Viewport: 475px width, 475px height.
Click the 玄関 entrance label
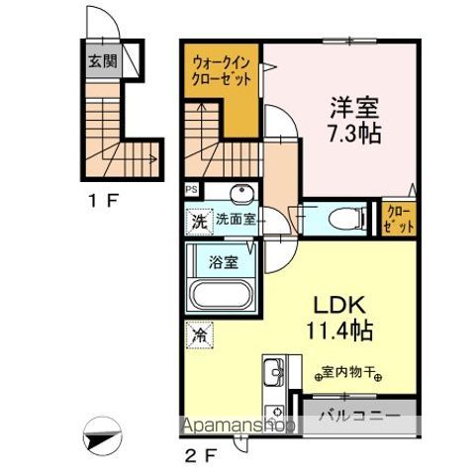pos(100,62)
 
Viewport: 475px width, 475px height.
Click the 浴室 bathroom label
pos(223,262)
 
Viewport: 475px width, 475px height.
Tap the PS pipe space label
pos(190,188)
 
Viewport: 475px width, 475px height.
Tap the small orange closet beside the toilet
pos(396,219)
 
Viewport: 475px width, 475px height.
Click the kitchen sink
pos(274,373)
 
